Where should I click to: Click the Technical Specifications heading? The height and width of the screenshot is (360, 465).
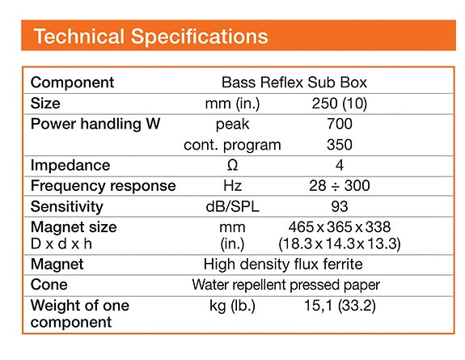pos(150,36)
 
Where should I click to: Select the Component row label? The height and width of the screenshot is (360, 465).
pos(72,83)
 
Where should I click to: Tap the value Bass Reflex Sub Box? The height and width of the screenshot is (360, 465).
pos(294,83)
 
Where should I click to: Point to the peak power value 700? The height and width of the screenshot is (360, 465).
pos(340,125)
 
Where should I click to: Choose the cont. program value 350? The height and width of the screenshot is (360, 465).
pos(340,146)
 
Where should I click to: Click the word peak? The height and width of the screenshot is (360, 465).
pos(233,125)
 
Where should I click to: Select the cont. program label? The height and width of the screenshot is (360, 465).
pos(233,146)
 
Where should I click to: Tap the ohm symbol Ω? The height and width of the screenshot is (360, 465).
pos(233,166)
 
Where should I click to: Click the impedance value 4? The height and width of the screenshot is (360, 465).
pos(340,166)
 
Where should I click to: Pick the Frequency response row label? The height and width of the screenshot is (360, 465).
pos(103,186)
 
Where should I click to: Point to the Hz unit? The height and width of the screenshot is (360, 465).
pos(233,186)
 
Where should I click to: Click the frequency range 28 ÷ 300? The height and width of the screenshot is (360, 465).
pos(340,186)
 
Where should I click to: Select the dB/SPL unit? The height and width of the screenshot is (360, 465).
pos(233,207)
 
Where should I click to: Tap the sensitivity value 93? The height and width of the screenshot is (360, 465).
pos(340,207)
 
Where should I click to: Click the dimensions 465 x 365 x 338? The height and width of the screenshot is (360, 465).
pos(340,227)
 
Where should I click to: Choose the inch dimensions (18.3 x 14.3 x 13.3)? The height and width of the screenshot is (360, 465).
pos(340,243)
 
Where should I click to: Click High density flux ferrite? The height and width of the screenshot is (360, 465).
pos(283,265)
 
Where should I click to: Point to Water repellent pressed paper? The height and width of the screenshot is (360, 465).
pos(285,285)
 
